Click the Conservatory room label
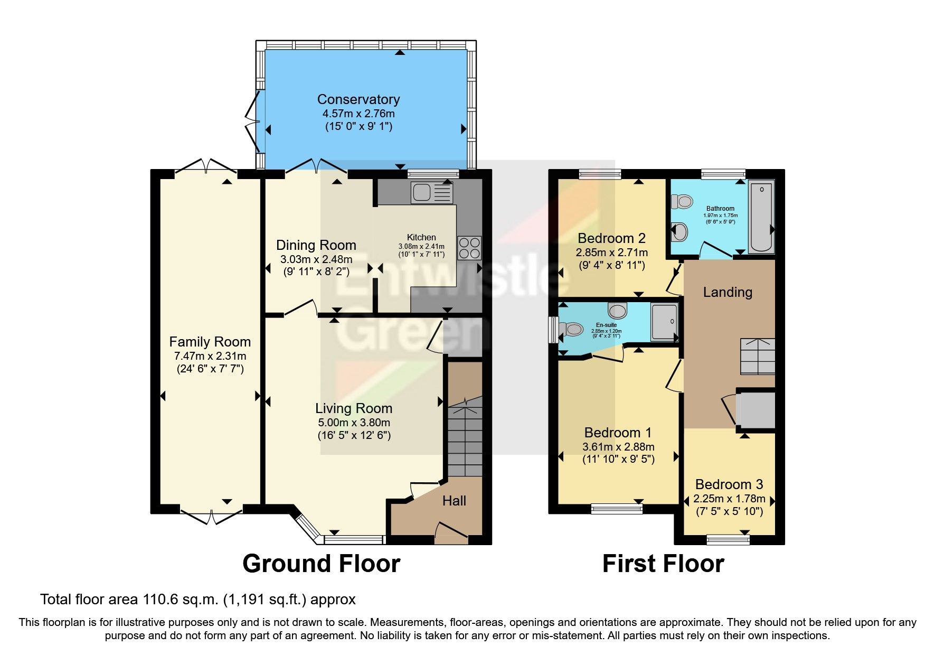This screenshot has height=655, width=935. tap(358, 99)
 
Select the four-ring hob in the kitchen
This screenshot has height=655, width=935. tap(469, 247)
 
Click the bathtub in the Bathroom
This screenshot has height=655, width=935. tap(761, 217)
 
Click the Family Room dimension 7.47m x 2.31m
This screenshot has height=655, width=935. tap(210, 356)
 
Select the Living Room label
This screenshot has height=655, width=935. tap(354, 408)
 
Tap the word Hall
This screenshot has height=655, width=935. tap(454, 501)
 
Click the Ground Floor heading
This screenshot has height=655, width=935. tap(321, 564)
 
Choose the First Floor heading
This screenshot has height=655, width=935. tap(663, 564)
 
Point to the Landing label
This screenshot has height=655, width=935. tap(728, 292)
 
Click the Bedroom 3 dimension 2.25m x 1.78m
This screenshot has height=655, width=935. tap(729, 499)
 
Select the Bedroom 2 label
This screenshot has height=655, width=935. tap(611, 238)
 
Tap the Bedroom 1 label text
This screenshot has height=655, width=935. tap(618, 433)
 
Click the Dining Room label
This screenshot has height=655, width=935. tap(316, 245)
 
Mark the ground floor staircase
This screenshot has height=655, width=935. tap(465, 438)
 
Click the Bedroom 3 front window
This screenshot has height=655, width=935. tap(728, 539)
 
